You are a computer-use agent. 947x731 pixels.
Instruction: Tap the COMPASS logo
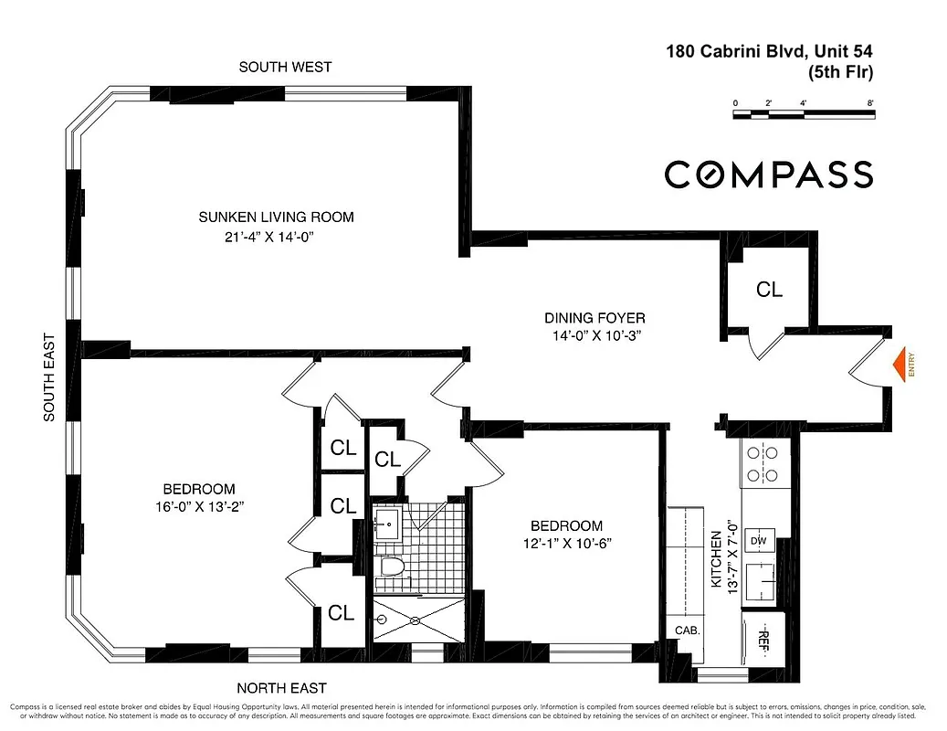click(768, 174)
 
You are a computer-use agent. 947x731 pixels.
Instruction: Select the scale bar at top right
click(804, 114)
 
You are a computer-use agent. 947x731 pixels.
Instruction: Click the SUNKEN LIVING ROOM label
click(276, 217)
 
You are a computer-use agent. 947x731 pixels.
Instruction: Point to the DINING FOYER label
click(595, 318)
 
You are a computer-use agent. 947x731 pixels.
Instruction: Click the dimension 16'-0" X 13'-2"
click(200, 506)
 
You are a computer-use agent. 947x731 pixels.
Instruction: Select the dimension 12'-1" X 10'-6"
click(566, 543)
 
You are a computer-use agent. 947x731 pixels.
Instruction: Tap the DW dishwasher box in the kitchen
click(758, 541)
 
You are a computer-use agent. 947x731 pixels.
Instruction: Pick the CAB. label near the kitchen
click(687, 630)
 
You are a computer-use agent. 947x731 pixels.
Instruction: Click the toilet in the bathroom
click(390, 567)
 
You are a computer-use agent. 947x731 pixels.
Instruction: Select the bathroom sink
click(387, 524)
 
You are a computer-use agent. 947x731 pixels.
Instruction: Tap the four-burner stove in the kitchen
click(763, 462)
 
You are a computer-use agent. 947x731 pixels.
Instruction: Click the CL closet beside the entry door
click(769, 290)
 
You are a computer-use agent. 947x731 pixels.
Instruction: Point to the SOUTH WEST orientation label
click(285, 67)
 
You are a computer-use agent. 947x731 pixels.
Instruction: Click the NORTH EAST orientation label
click(281, 688)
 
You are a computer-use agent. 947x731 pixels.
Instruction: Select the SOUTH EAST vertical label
click(50, 376)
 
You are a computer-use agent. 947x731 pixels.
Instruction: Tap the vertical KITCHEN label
click(717, 557)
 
